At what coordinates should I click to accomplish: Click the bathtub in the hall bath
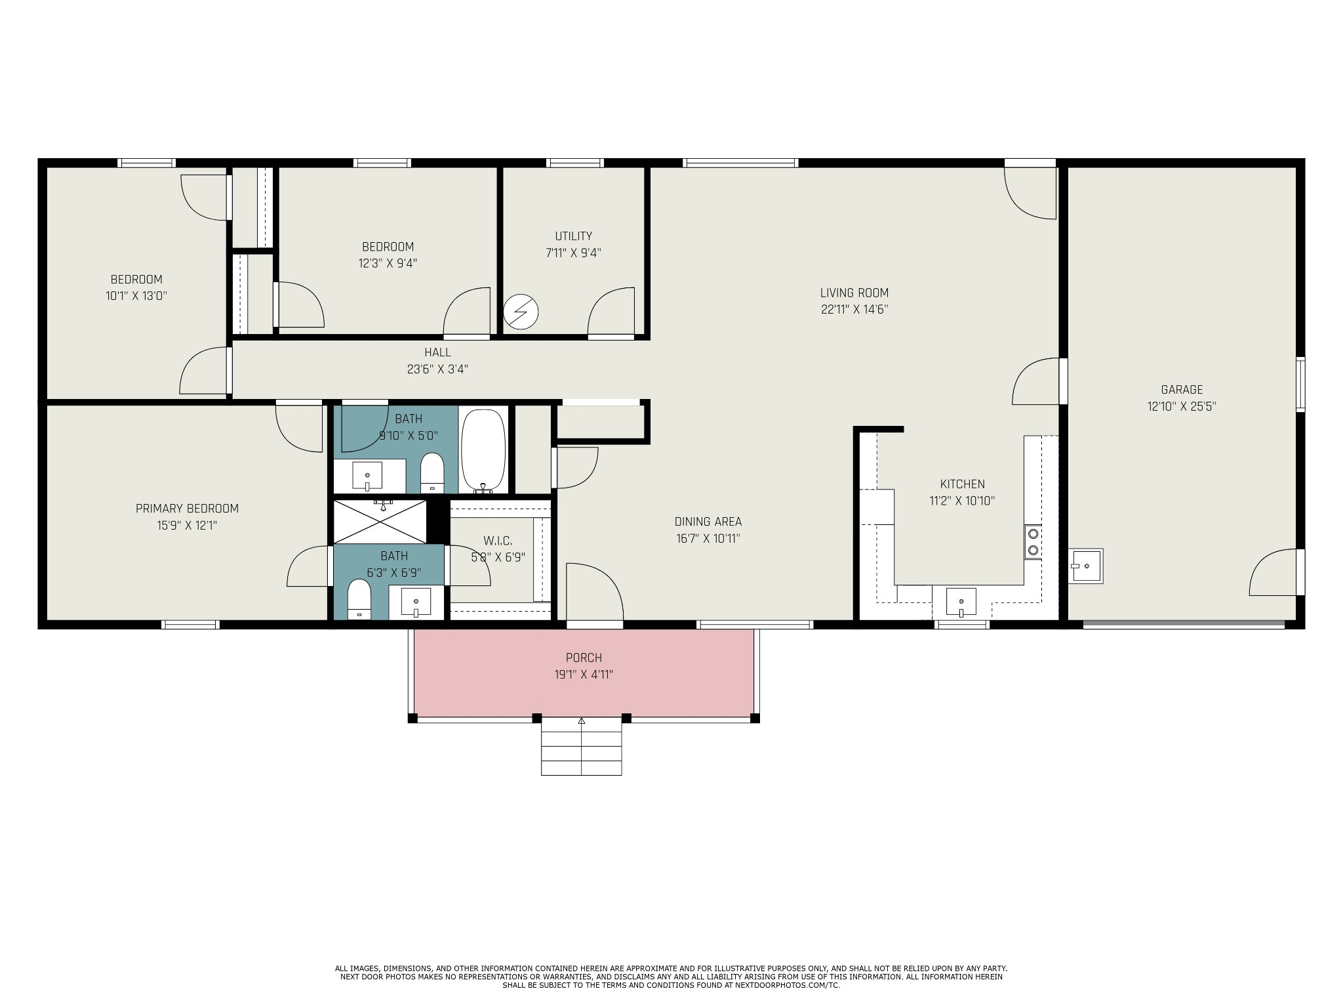(484, 450)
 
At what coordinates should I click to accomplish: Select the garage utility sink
(1086, 566)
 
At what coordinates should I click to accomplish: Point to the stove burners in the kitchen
(1033, 541)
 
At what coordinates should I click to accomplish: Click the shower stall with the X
(380, 522)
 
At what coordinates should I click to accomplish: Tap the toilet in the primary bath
(359, 599)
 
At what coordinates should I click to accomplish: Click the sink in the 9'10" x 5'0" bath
(367, 476)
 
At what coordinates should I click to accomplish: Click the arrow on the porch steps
(581, 721)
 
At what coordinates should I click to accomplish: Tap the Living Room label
(854, 293)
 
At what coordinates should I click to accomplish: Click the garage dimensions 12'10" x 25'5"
(1182, 406)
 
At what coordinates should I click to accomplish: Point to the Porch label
(584, 658)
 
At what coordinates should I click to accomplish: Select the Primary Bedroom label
(187, 509)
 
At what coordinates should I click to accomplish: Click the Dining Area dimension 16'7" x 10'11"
(708, 539)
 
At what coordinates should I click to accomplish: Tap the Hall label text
(437, 352)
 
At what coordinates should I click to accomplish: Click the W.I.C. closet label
(498, 541)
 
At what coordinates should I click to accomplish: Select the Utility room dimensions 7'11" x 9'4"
(573, 253)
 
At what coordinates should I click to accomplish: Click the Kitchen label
(962, 484)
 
